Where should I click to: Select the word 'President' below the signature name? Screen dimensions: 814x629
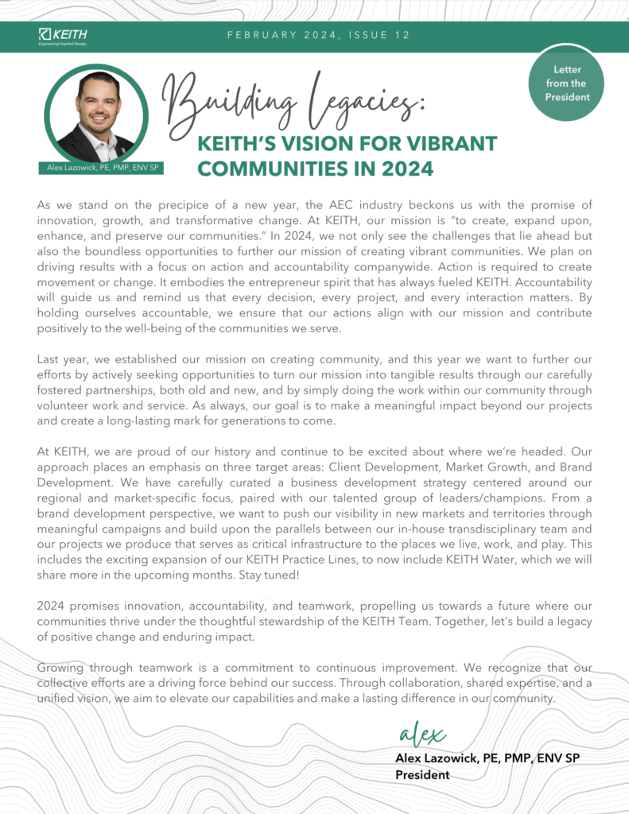[422, 774]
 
